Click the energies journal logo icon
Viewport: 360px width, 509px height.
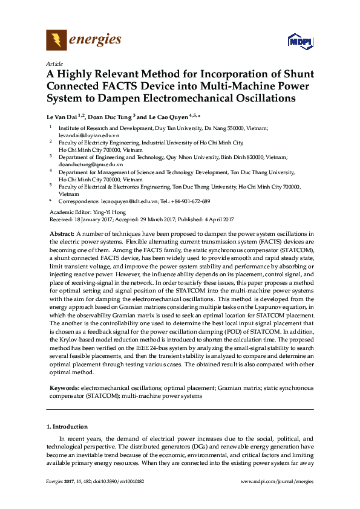(56, 41)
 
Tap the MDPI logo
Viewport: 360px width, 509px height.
(301, 42)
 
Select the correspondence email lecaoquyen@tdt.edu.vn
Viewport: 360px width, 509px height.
(130, 201)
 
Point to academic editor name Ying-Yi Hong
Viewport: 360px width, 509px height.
(110, 212)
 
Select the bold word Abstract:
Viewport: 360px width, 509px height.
(62, 233)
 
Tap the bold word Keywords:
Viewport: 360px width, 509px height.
(64, 386)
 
